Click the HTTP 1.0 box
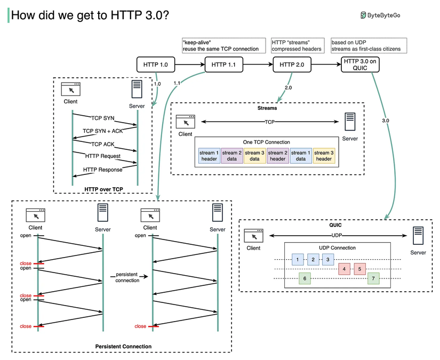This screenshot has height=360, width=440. tap(156, 65)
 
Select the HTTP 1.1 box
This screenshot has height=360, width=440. tap(223, 65)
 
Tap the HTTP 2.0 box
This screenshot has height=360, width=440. tap(292, 65)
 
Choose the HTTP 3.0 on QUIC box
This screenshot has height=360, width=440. tap(360, 65)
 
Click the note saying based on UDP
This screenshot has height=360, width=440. tap(369, 45)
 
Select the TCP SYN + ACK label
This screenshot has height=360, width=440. tap(102, 131)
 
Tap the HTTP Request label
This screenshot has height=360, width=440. tap(102, 156)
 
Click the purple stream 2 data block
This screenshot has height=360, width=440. tap(231, 156)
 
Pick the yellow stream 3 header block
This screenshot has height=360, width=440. tap(324, 156)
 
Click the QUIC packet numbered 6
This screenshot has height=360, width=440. tap(304, 278)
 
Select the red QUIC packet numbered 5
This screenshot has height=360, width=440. tap(360, 269)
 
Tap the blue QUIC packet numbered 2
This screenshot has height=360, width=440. tap(313, 259)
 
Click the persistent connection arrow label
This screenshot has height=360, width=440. tap(127, 277)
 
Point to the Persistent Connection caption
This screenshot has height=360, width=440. tap(123, 346)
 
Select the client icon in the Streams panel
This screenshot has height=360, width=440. tap(185, 121)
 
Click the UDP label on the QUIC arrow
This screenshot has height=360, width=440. tap(337, 235)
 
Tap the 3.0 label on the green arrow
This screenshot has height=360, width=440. tap(386, 121)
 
